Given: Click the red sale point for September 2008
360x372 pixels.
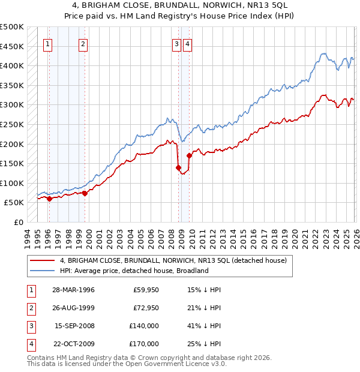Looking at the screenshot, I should (178, 167).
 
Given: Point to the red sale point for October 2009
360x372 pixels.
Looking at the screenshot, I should (189, 155).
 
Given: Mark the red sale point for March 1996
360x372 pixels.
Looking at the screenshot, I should (49, 199).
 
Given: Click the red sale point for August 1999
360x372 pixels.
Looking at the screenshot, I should (85, 193).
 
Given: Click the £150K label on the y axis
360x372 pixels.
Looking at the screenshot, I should (13, 163).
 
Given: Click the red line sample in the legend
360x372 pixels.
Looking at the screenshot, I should (43, 260).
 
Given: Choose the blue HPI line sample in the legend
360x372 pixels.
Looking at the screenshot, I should (43, 271).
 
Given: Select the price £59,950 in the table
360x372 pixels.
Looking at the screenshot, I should (146, 290).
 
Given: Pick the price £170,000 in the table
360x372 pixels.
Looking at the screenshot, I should (144, 344).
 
